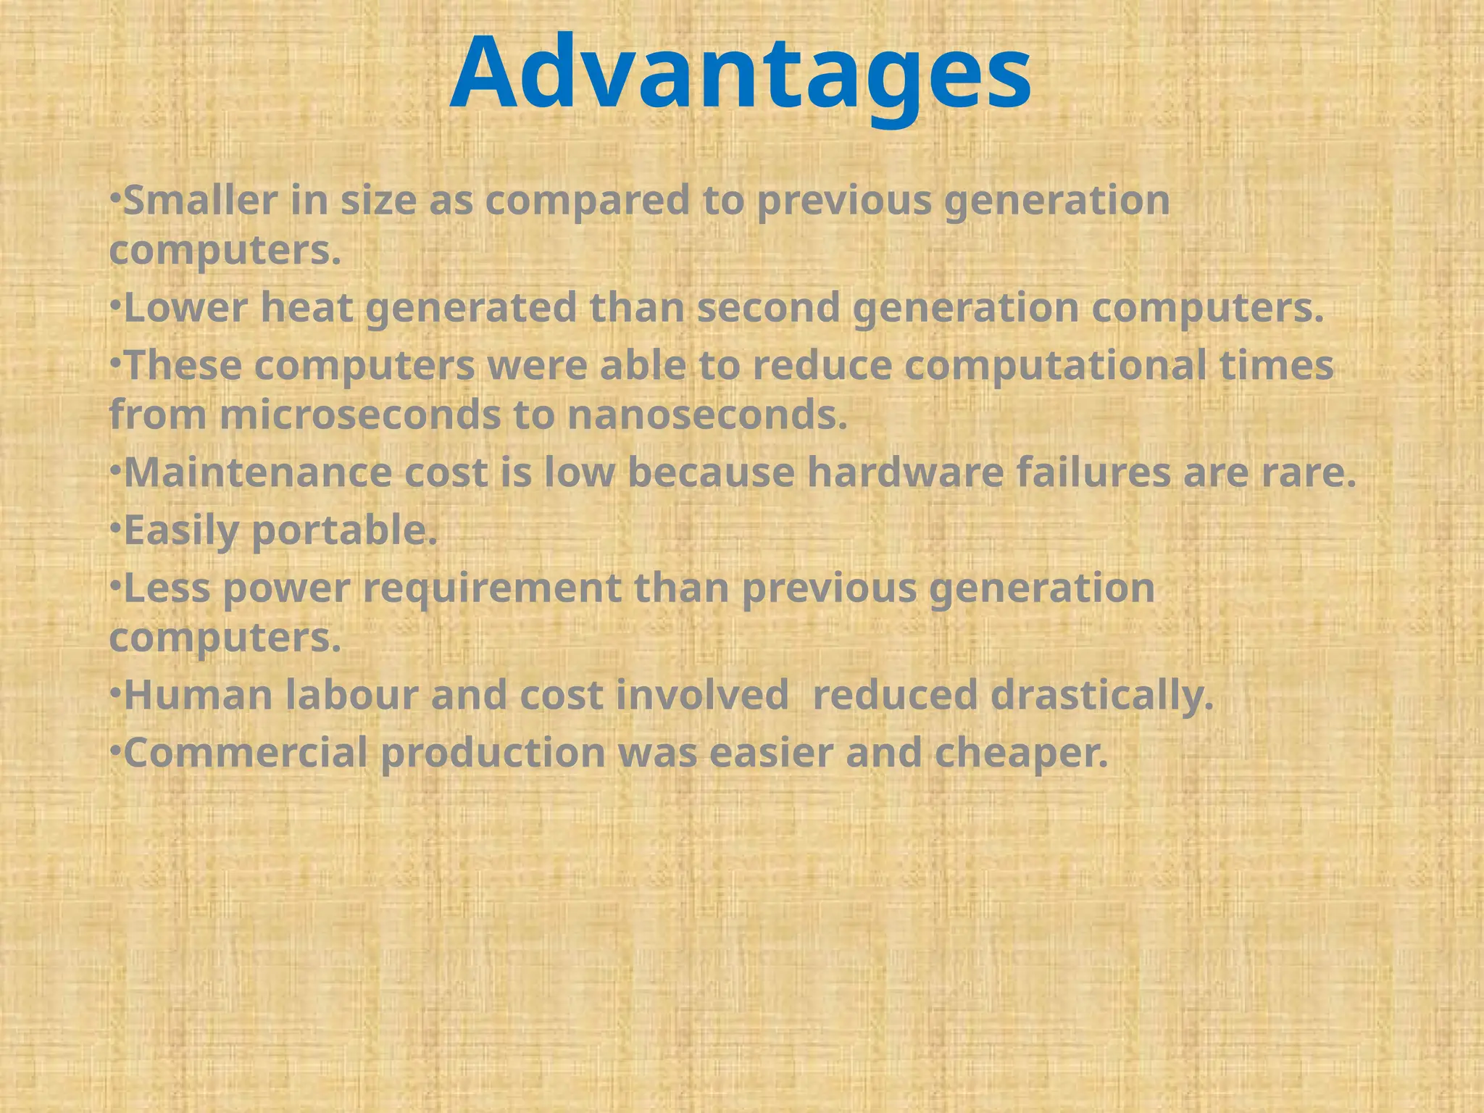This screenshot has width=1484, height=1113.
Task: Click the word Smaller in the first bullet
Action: point(201,201)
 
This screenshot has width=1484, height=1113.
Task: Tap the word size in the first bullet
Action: point(379,201)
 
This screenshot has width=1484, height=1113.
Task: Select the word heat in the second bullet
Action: point(307,308)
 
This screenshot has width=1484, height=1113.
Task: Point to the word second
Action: point(768,308)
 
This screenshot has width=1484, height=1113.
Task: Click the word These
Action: point(183,365)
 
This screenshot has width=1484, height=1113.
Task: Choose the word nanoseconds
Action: point(707,416)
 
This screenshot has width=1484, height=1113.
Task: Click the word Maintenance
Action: point(257,473)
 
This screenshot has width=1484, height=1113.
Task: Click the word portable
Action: point(344,531)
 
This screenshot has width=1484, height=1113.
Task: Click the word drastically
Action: point(1101,696)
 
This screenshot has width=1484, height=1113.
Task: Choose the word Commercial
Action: point(246,753)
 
